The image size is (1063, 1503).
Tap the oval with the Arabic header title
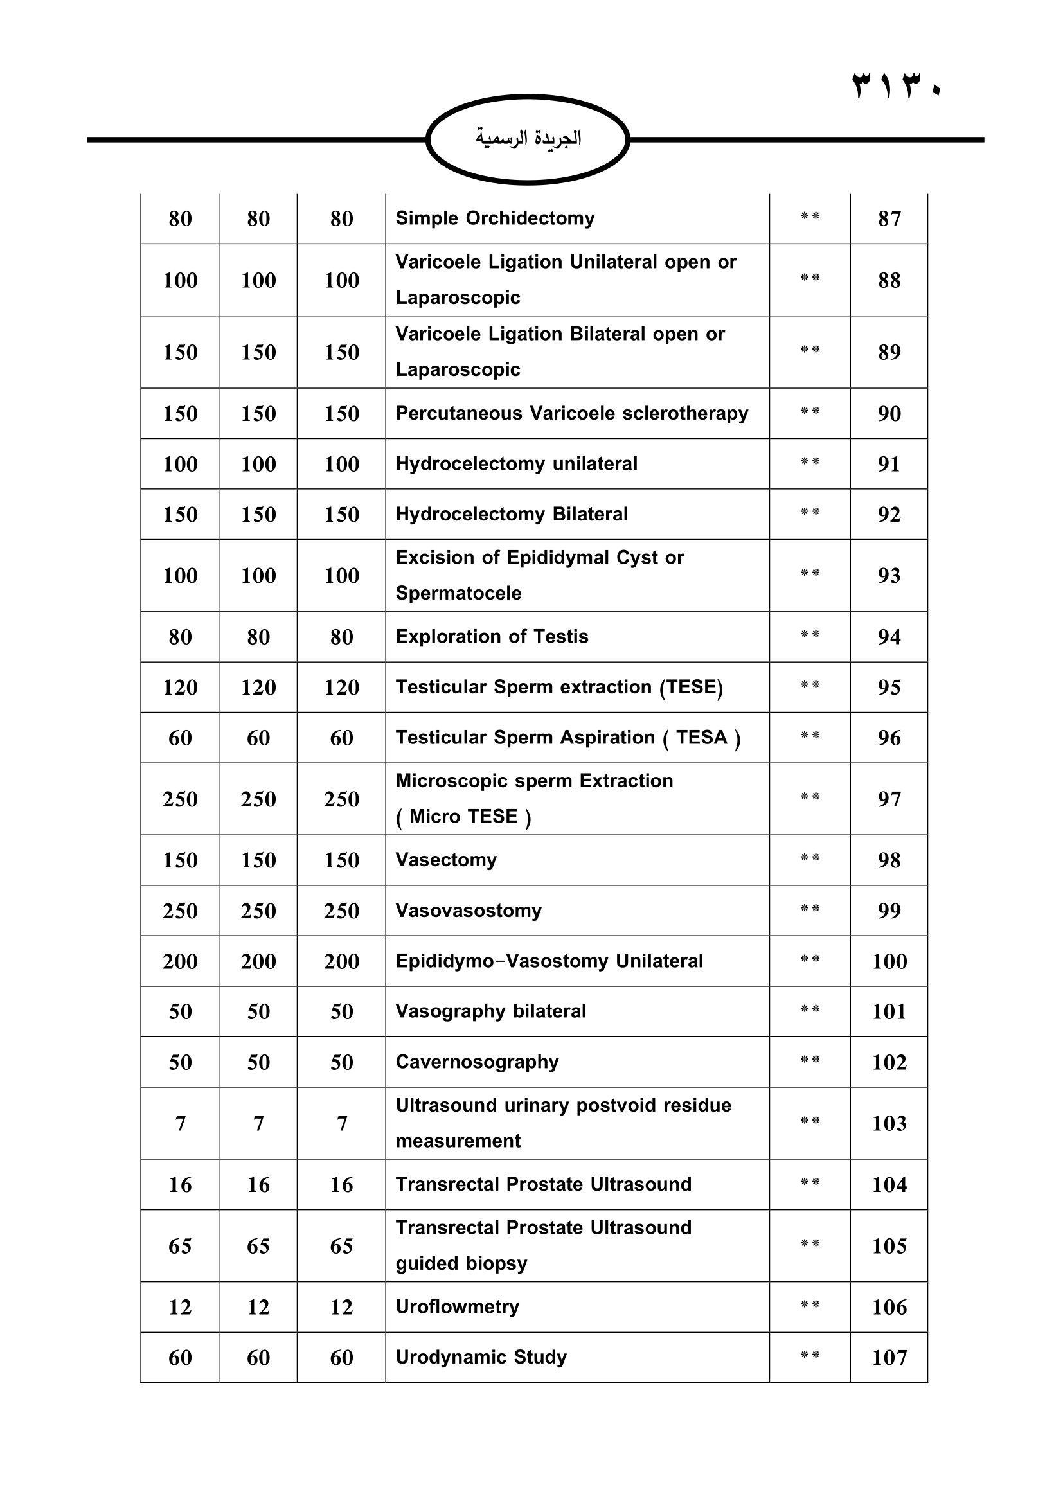[528, 139]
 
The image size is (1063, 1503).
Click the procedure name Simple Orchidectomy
[495, 218]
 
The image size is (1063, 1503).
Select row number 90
[889, 414]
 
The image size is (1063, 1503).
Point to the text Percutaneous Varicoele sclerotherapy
[571, 414]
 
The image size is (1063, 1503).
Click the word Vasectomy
[446, 860]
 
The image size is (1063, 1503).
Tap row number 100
[889, 961]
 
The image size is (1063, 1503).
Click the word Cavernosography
[477, 1062]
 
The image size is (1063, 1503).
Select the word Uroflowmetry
[457, 1306]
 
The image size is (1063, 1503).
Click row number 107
[889, 1358]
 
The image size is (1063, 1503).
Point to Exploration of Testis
[492, 637]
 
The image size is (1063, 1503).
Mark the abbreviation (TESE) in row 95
[690, 688]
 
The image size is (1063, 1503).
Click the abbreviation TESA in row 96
[702, 738]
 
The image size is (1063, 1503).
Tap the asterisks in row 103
[810, 1121]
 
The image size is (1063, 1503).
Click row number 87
[889, 218]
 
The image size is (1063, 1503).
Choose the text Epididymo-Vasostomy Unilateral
[549, 961]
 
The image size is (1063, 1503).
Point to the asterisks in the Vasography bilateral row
[810, 1009]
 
